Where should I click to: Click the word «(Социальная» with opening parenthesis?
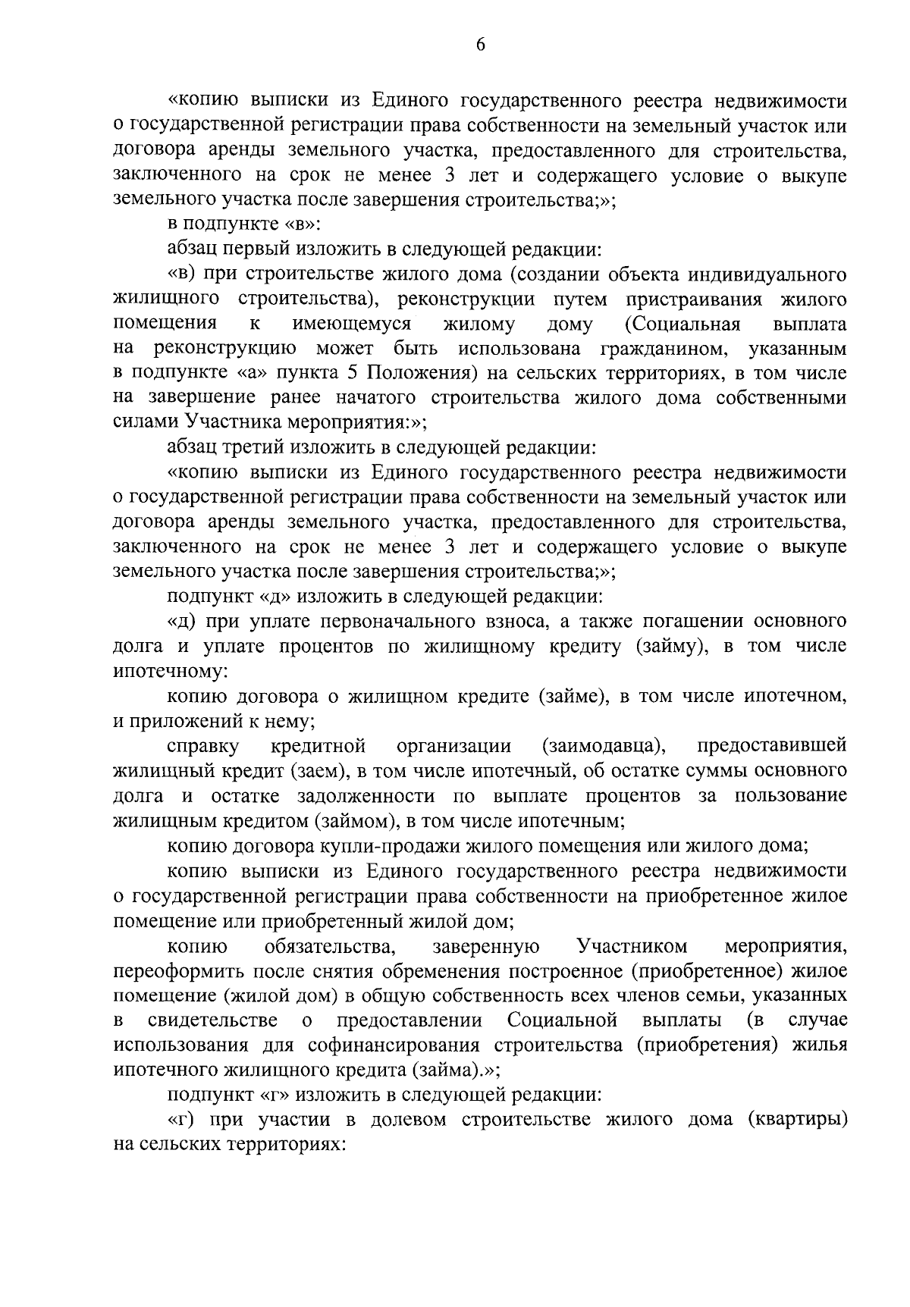tap(682, 324)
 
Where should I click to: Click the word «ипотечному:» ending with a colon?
tap(167, 672)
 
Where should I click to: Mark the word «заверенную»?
tap(486, 946)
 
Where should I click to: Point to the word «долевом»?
tap(406, 1120)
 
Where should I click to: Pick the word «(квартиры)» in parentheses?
tap(797, 1120)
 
